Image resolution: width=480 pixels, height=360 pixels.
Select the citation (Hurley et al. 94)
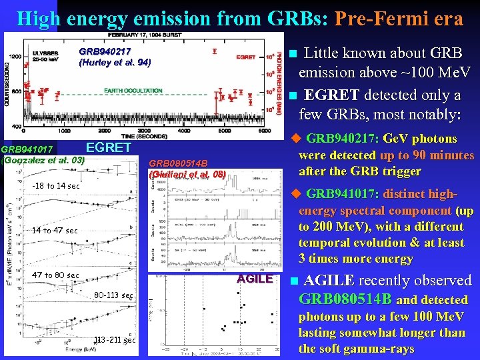coord(115,63)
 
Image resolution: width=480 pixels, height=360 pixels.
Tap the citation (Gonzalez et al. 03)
coord(44,160)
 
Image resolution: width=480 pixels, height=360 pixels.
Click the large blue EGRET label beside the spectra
coord(109,148)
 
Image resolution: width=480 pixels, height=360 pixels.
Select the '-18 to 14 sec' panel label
coord(55,186)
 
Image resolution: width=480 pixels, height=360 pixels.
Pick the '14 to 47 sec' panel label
coord(55,231)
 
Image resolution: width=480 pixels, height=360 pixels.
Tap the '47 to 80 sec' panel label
coord(55,275)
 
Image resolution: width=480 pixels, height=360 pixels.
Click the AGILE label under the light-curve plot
coord(255,279)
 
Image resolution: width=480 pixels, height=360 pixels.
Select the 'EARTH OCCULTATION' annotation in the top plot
coord(133,91)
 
